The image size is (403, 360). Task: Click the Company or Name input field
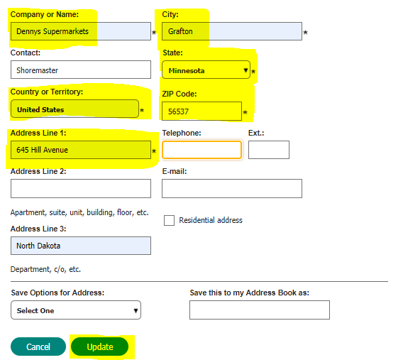coord(80,31)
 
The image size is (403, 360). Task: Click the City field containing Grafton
coord(232,31)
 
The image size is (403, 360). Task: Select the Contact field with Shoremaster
coord(80,70)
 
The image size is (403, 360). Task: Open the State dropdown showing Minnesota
coord(206,70)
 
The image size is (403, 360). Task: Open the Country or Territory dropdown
coord(74,109)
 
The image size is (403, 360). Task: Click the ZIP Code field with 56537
coord(201,111)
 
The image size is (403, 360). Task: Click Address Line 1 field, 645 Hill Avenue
coord(80,150)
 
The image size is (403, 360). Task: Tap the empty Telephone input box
coord(201,150)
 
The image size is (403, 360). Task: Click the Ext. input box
coord(268,150)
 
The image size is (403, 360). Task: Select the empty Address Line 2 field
coord(80,188)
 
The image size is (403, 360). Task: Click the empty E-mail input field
coord(232,188)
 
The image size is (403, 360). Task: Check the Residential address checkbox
coord(169,220)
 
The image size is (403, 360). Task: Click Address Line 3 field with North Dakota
coord(80,245)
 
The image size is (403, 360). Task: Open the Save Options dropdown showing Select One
coord(75,310)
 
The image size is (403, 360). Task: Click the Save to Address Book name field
coord(259,310)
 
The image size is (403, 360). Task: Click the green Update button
coord(100,347)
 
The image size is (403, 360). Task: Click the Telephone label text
coord(182,133)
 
